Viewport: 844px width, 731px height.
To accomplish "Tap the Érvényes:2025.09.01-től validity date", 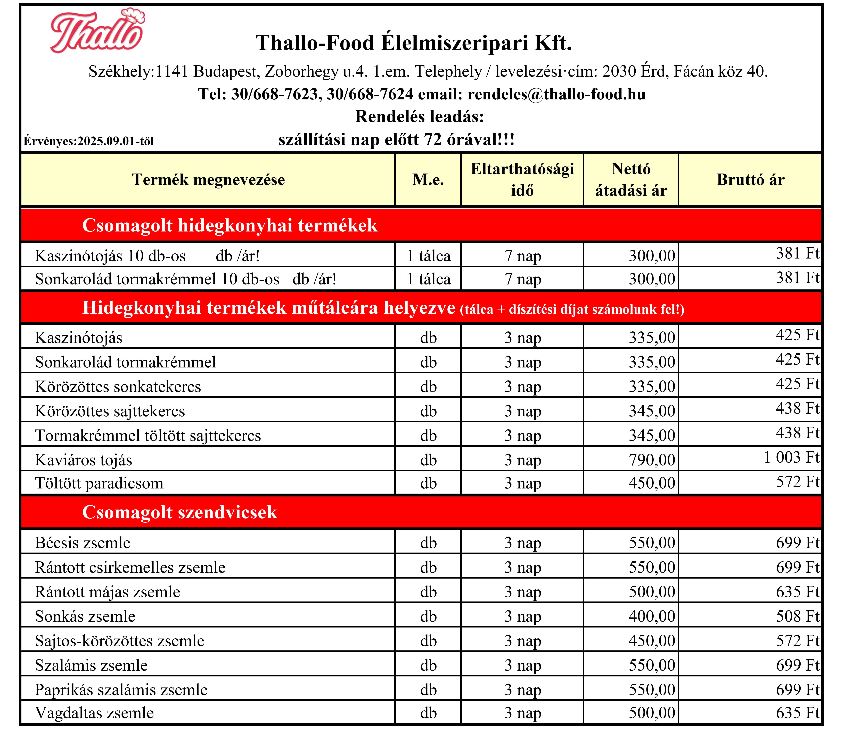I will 89,141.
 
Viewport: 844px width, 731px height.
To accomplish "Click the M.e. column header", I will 428,179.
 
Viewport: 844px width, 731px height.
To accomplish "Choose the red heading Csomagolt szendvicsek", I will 180,512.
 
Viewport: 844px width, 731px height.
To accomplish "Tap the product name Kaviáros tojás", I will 84,460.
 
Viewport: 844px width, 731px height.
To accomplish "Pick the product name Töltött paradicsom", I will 99,483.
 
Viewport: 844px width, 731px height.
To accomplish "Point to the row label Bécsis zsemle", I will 83,543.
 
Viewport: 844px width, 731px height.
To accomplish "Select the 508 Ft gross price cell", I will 797,616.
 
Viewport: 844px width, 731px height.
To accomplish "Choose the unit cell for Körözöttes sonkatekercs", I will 428,386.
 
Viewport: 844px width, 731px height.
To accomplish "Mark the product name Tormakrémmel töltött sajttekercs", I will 148,435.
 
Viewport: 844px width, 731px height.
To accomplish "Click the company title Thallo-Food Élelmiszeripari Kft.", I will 414,43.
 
